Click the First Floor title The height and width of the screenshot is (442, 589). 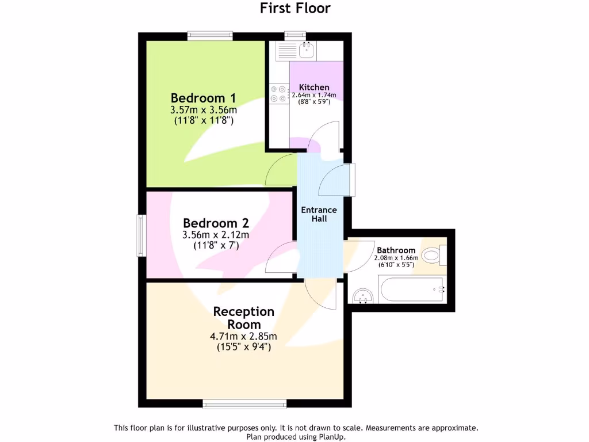tap(296, 8)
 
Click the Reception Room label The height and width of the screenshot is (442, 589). tap(243, 318)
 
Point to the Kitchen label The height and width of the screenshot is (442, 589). tap(314, 87)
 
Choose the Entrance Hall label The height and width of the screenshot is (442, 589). tap(319, 214)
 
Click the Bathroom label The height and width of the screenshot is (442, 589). tap(396, 250)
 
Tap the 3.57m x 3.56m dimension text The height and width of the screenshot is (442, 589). tap(204, 110)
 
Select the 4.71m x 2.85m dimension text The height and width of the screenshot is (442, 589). tap(244, 337)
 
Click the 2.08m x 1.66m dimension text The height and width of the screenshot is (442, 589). tap(396, 258)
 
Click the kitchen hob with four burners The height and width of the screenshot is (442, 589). tap(278, 94)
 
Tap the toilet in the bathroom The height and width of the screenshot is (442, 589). tap(433, 254)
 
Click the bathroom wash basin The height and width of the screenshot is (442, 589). tap(363, 296)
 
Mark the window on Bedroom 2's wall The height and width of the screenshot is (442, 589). tap(140, 235)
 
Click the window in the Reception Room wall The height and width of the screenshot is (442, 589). tap(244, 405)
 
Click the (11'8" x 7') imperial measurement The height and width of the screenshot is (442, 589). tap(216, 245)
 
